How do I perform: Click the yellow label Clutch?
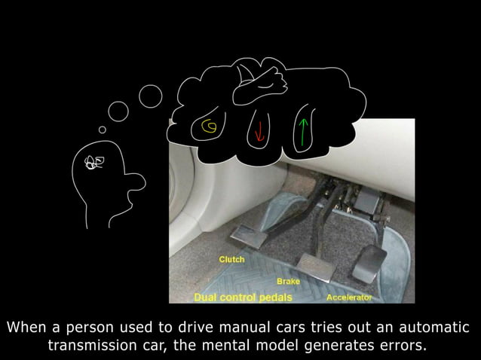231,259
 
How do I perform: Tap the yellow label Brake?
288,281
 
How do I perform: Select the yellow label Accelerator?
349,297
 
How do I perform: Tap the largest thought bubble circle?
151,96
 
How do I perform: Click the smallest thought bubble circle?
102,129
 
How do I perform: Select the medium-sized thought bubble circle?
118,112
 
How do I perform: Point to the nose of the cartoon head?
137,182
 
